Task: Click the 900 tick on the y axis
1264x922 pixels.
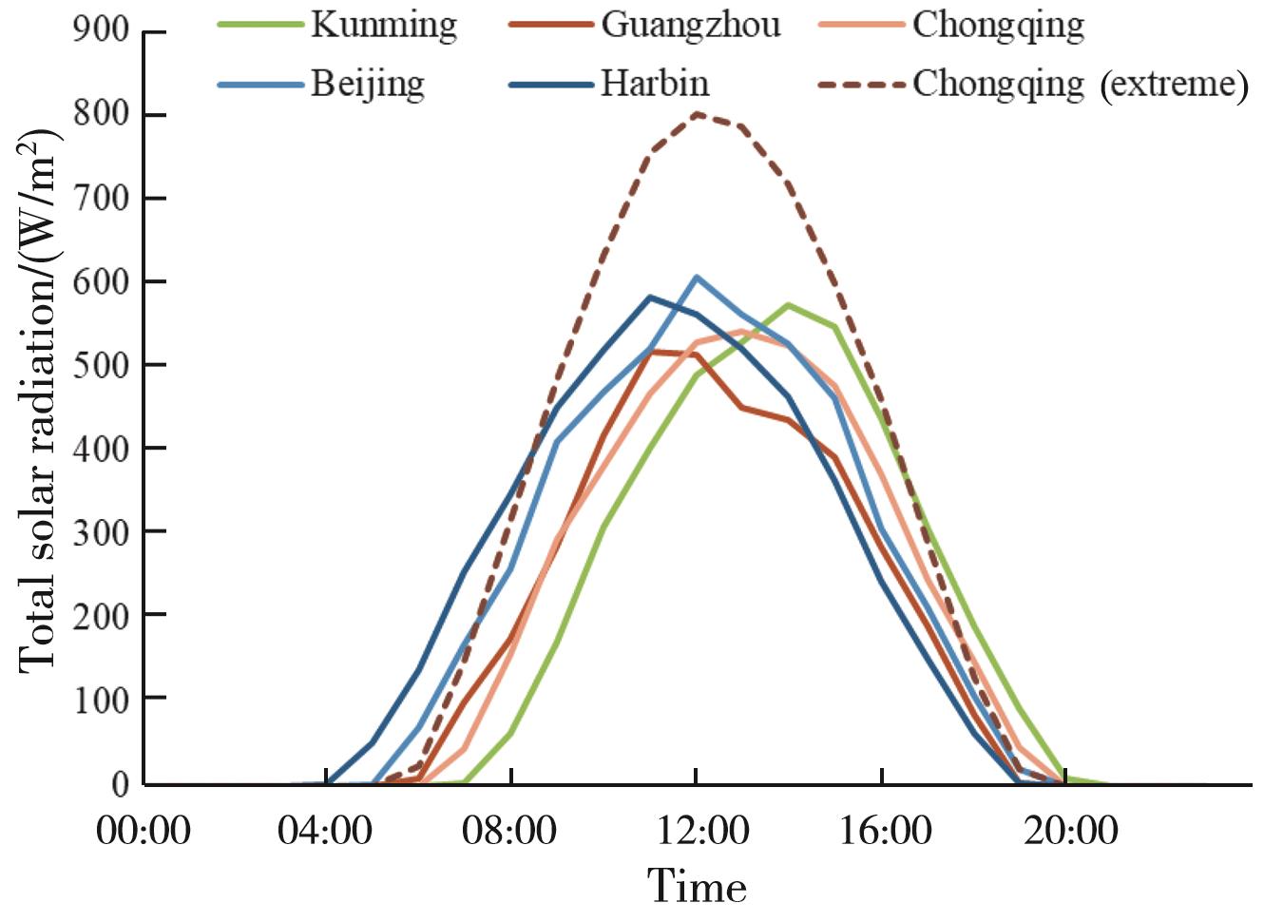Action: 101,30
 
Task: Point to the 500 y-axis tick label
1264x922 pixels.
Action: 101,365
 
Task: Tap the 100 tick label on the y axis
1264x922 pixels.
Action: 101,700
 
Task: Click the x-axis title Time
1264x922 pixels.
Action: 697,887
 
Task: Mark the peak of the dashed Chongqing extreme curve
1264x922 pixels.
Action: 697,114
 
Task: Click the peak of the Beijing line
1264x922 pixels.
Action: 697,277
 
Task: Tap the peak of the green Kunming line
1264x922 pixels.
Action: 788,305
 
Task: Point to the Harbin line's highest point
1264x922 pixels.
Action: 650,297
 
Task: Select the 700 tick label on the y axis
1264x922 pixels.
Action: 101,199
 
